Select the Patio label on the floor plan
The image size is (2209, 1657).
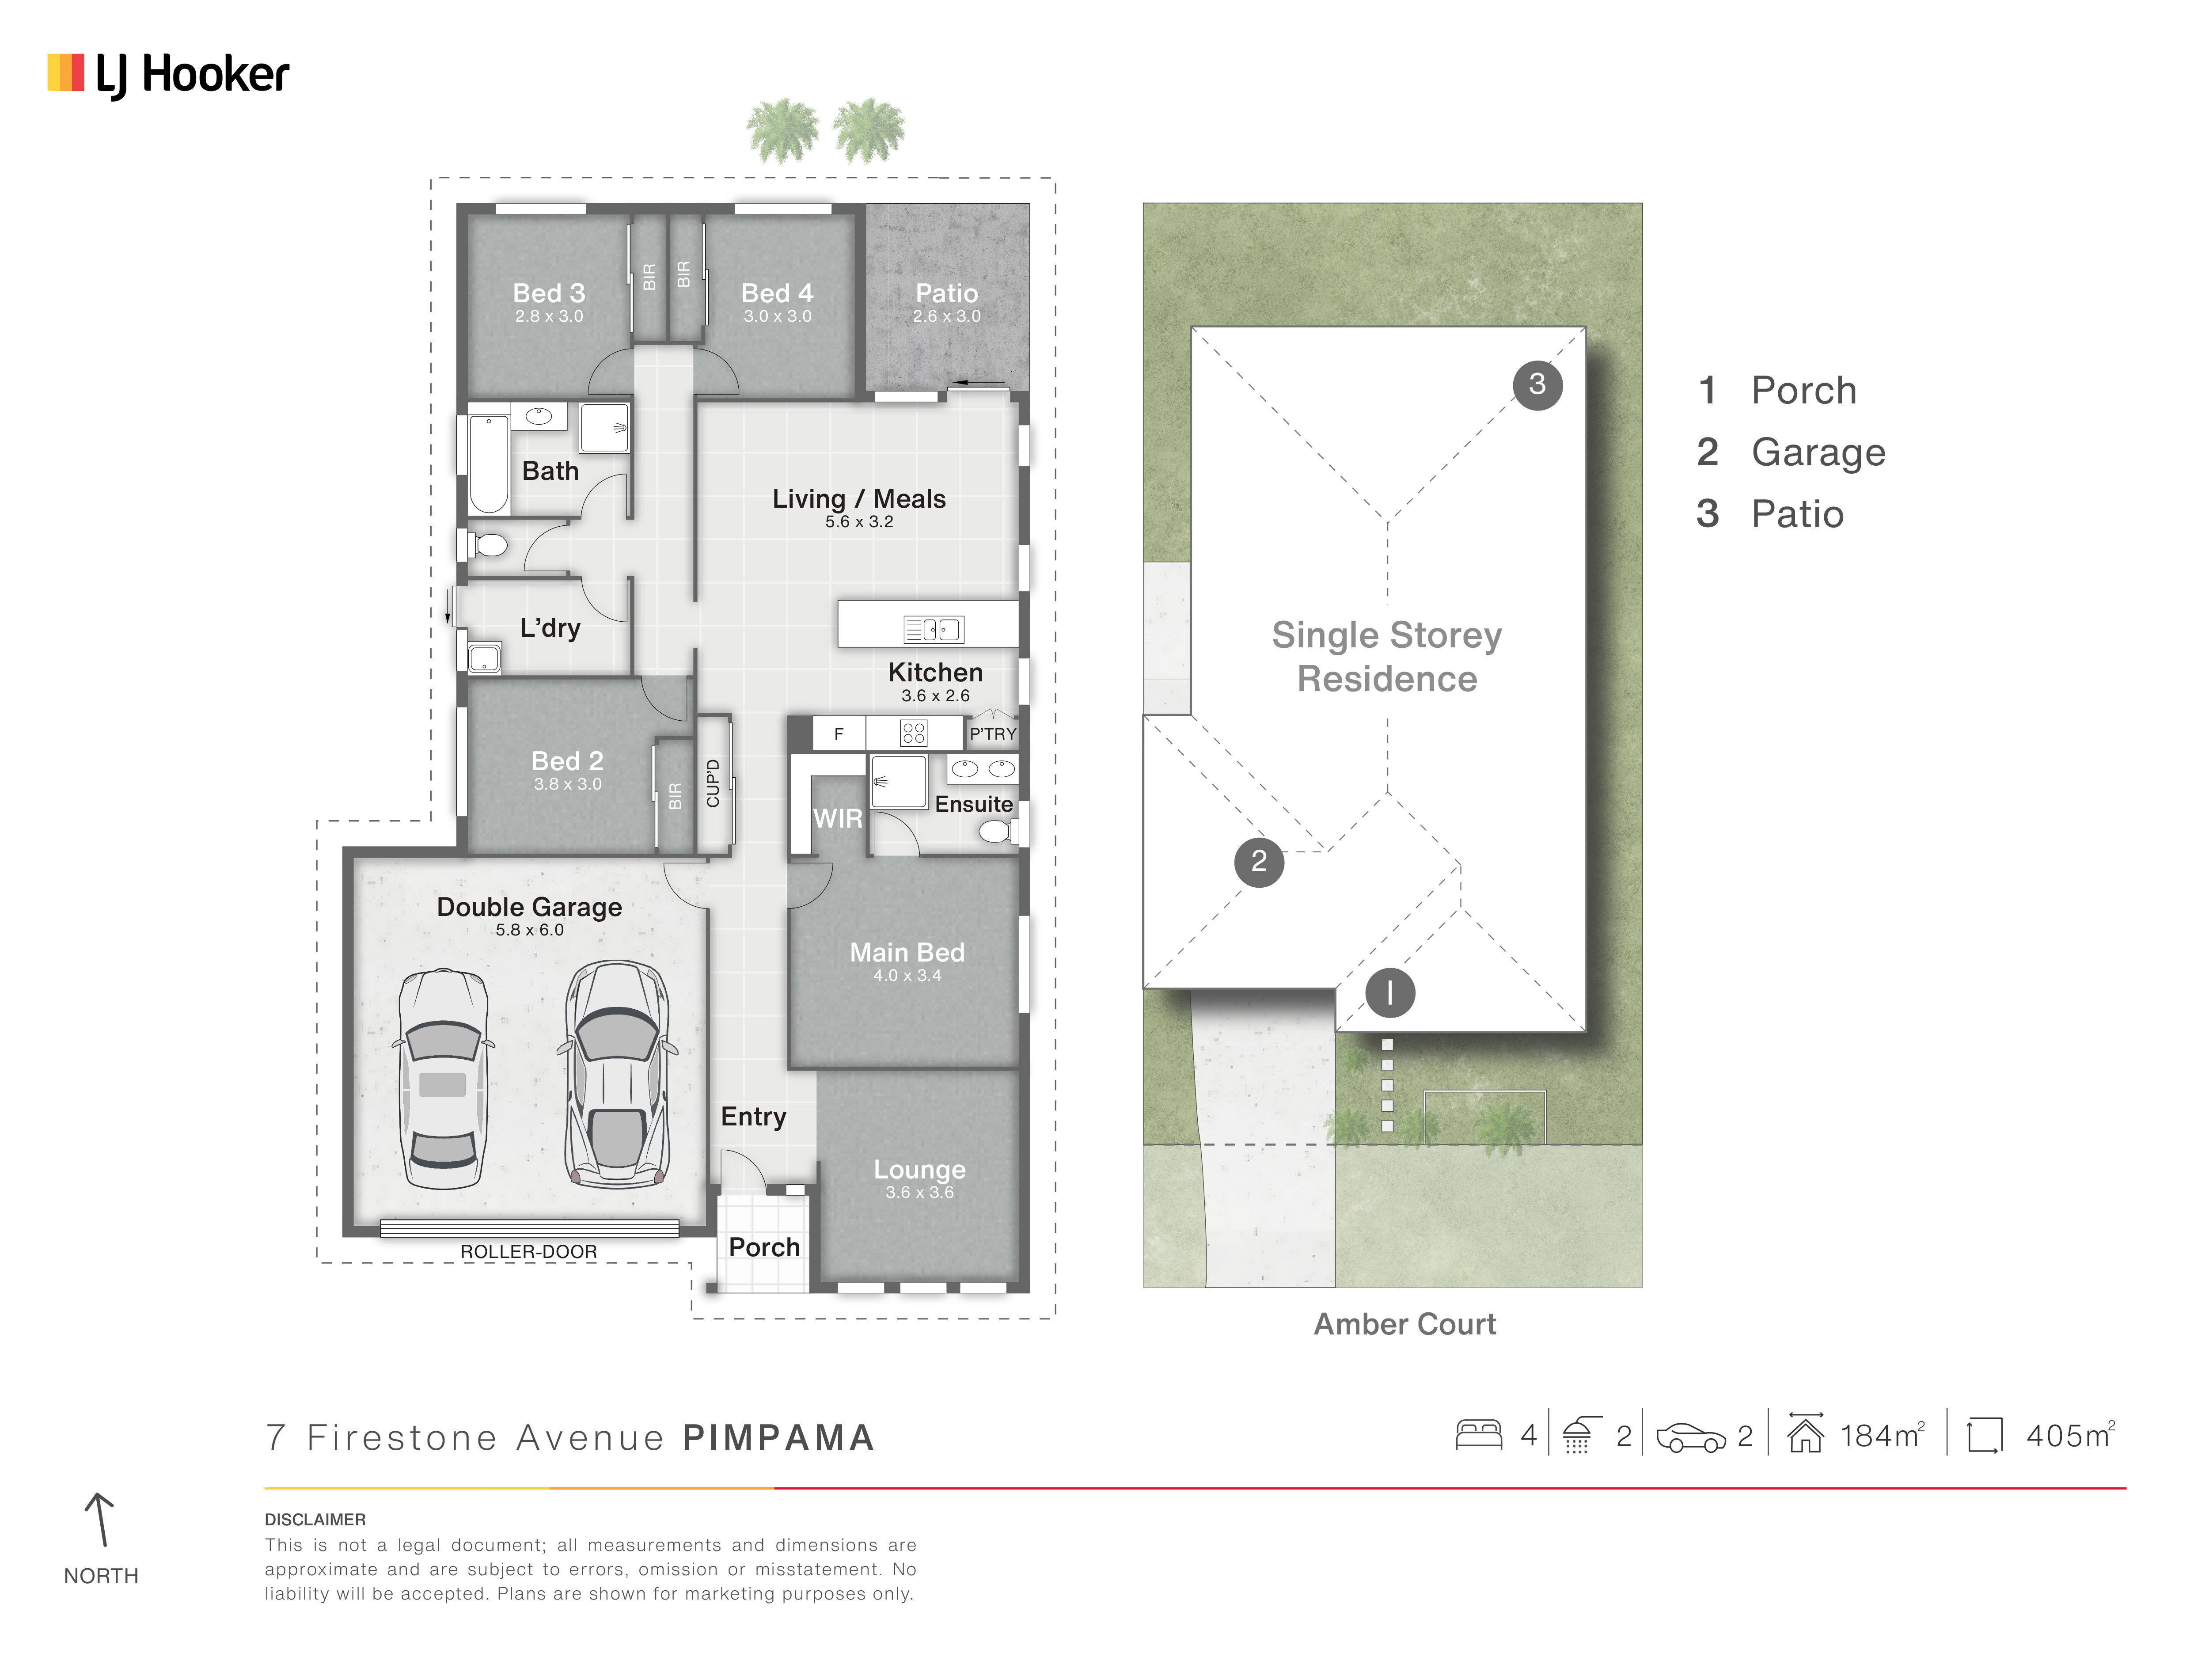point(947,293)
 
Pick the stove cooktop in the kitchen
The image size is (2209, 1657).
point(914,733)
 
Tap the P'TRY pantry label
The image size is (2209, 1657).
point(993,733)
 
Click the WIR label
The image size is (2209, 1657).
point(838,819)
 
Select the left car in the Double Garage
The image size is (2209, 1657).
point(442,1079)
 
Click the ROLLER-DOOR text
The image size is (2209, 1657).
point(528,1251)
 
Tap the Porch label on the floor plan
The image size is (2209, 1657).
point(764,1247)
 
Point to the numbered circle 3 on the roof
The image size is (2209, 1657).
point(1537,384)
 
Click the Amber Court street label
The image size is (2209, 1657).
point(1404,1324)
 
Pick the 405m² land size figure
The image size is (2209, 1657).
point(2069,1435)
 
